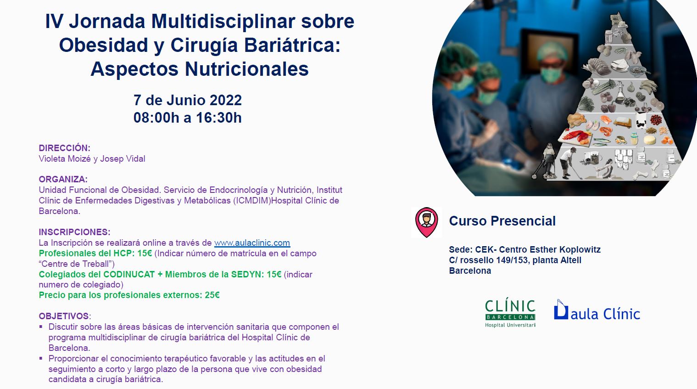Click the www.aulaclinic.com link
pos(252,243)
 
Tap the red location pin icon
pos(427,222)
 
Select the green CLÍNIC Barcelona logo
pos(510,312)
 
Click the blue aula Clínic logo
pos(597,310)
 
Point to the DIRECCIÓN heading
pos(64,148)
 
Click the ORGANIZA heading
pos(63,180)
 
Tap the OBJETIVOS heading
pos(64,316)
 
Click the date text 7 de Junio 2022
pos(188,100)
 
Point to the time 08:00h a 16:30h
pos(188,118)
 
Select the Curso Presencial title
pos(502,221)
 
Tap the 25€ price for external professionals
pos(212,295)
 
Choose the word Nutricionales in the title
pos(247,69)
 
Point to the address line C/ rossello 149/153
pos(489,260)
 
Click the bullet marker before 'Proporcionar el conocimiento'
pos(41,358)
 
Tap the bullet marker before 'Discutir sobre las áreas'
pos(41,327)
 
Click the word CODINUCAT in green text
pos(129,274)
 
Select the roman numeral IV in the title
pos(55,21)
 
